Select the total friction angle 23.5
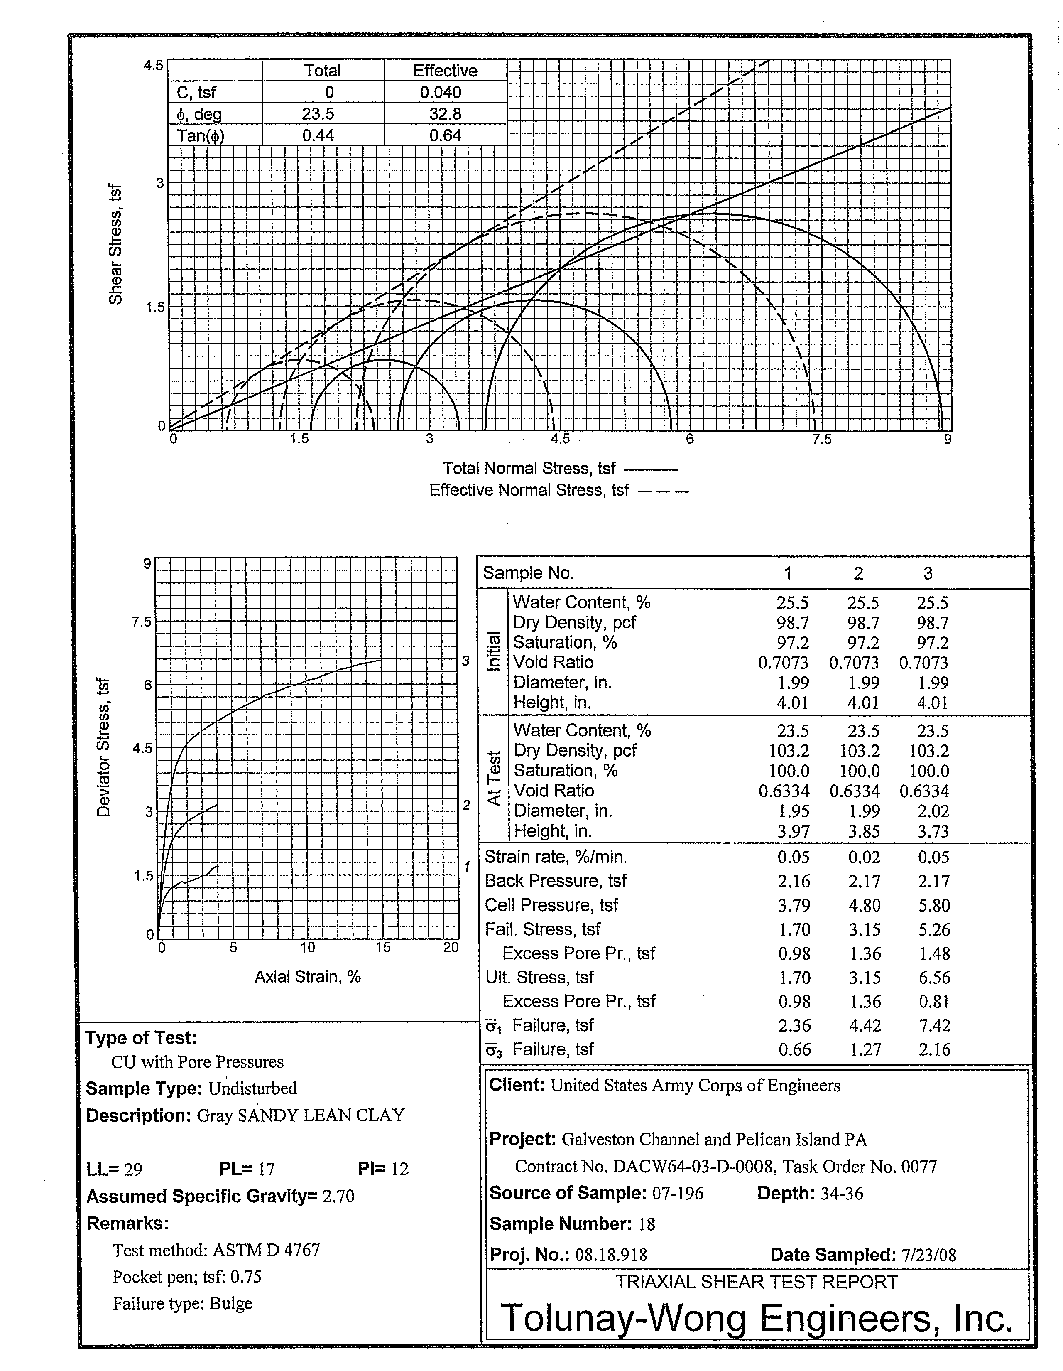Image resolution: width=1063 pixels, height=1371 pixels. point(318,114)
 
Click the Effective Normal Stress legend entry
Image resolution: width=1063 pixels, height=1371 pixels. point(558,490)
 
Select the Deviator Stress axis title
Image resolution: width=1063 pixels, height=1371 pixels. point(103,747)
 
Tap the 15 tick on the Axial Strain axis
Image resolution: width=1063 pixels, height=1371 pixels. point(383,947)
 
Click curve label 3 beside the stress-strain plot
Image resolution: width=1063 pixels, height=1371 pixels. point(465,661)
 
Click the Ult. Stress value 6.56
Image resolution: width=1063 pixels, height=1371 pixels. point(934,978)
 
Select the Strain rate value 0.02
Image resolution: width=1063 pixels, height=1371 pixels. point(864,857)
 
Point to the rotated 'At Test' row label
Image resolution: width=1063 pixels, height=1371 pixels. point(495,779)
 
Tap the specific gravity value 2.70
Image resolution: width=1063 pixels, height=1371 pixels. point(338,1197)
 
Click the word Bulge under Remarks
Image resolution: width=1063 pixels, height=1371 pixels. point(231,1304)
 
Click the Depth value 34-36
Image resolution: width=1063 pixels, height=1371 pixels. point(842,1193)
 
